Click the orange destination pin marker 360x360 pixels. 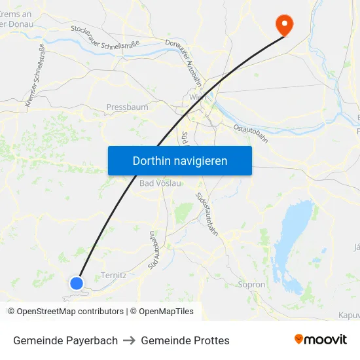(x=285, y=24)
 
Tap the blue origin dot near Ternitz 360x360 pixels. (x=77, y=283)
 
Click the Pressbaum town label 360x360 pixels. (x=127, y=107)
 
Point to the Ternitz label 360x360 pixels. (x=114, y=276)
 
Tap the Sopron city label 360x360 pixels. (x=251, y=285)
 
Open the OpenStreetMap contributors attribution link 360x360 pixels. (x=70, y=312)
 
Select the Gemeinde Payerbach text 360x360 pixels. (x=65, y=340)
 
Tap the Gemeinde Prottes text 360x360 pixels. (x=185, y=340)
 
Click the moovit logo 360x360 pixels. (x=321, y=340)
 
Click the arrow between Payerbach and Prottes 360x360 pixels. (x=130, y=340)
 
